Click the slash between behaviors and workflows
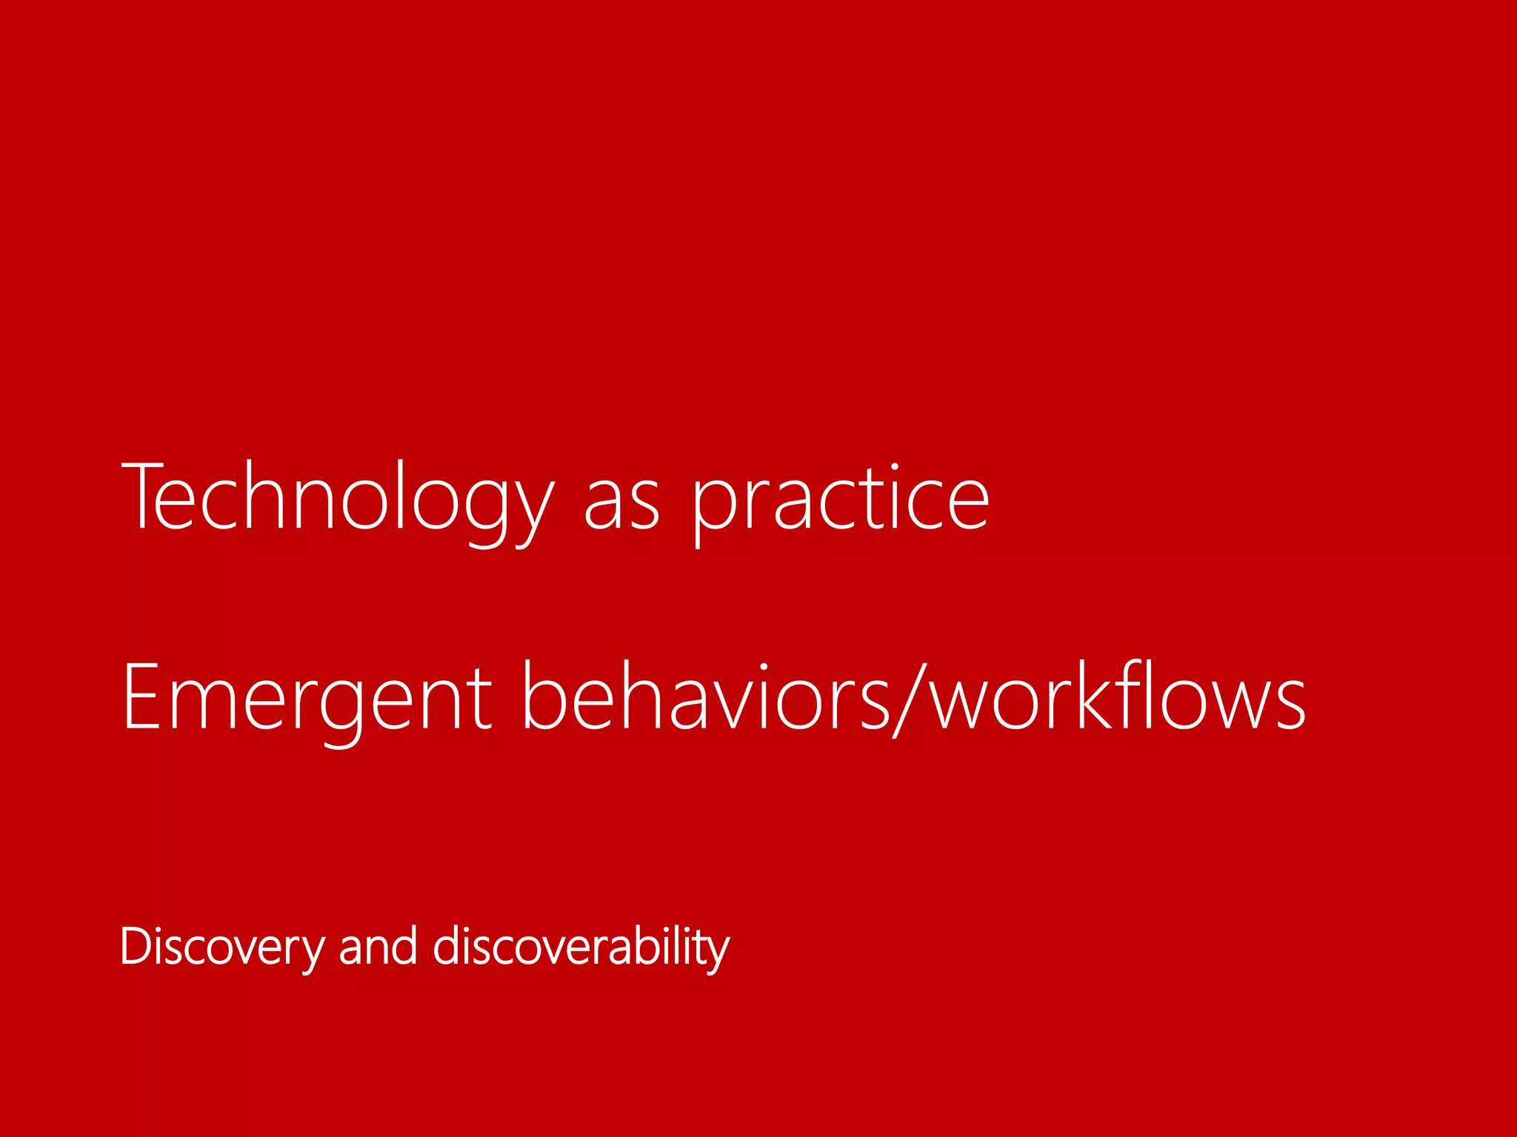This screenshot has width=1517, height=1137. [910, 700]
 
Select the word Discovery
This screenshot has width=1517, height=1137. [222, 947]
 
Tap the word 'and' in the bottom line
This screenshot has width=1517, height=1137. [378, 947]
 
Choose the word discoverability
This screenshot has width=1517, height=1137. [581, 947]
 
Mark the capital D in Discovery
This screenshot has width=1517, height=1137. [136, 946]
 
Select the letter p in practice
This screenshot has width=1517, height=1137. [713, 511]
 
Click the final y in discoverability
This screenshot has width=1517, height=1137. [715, 955]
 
